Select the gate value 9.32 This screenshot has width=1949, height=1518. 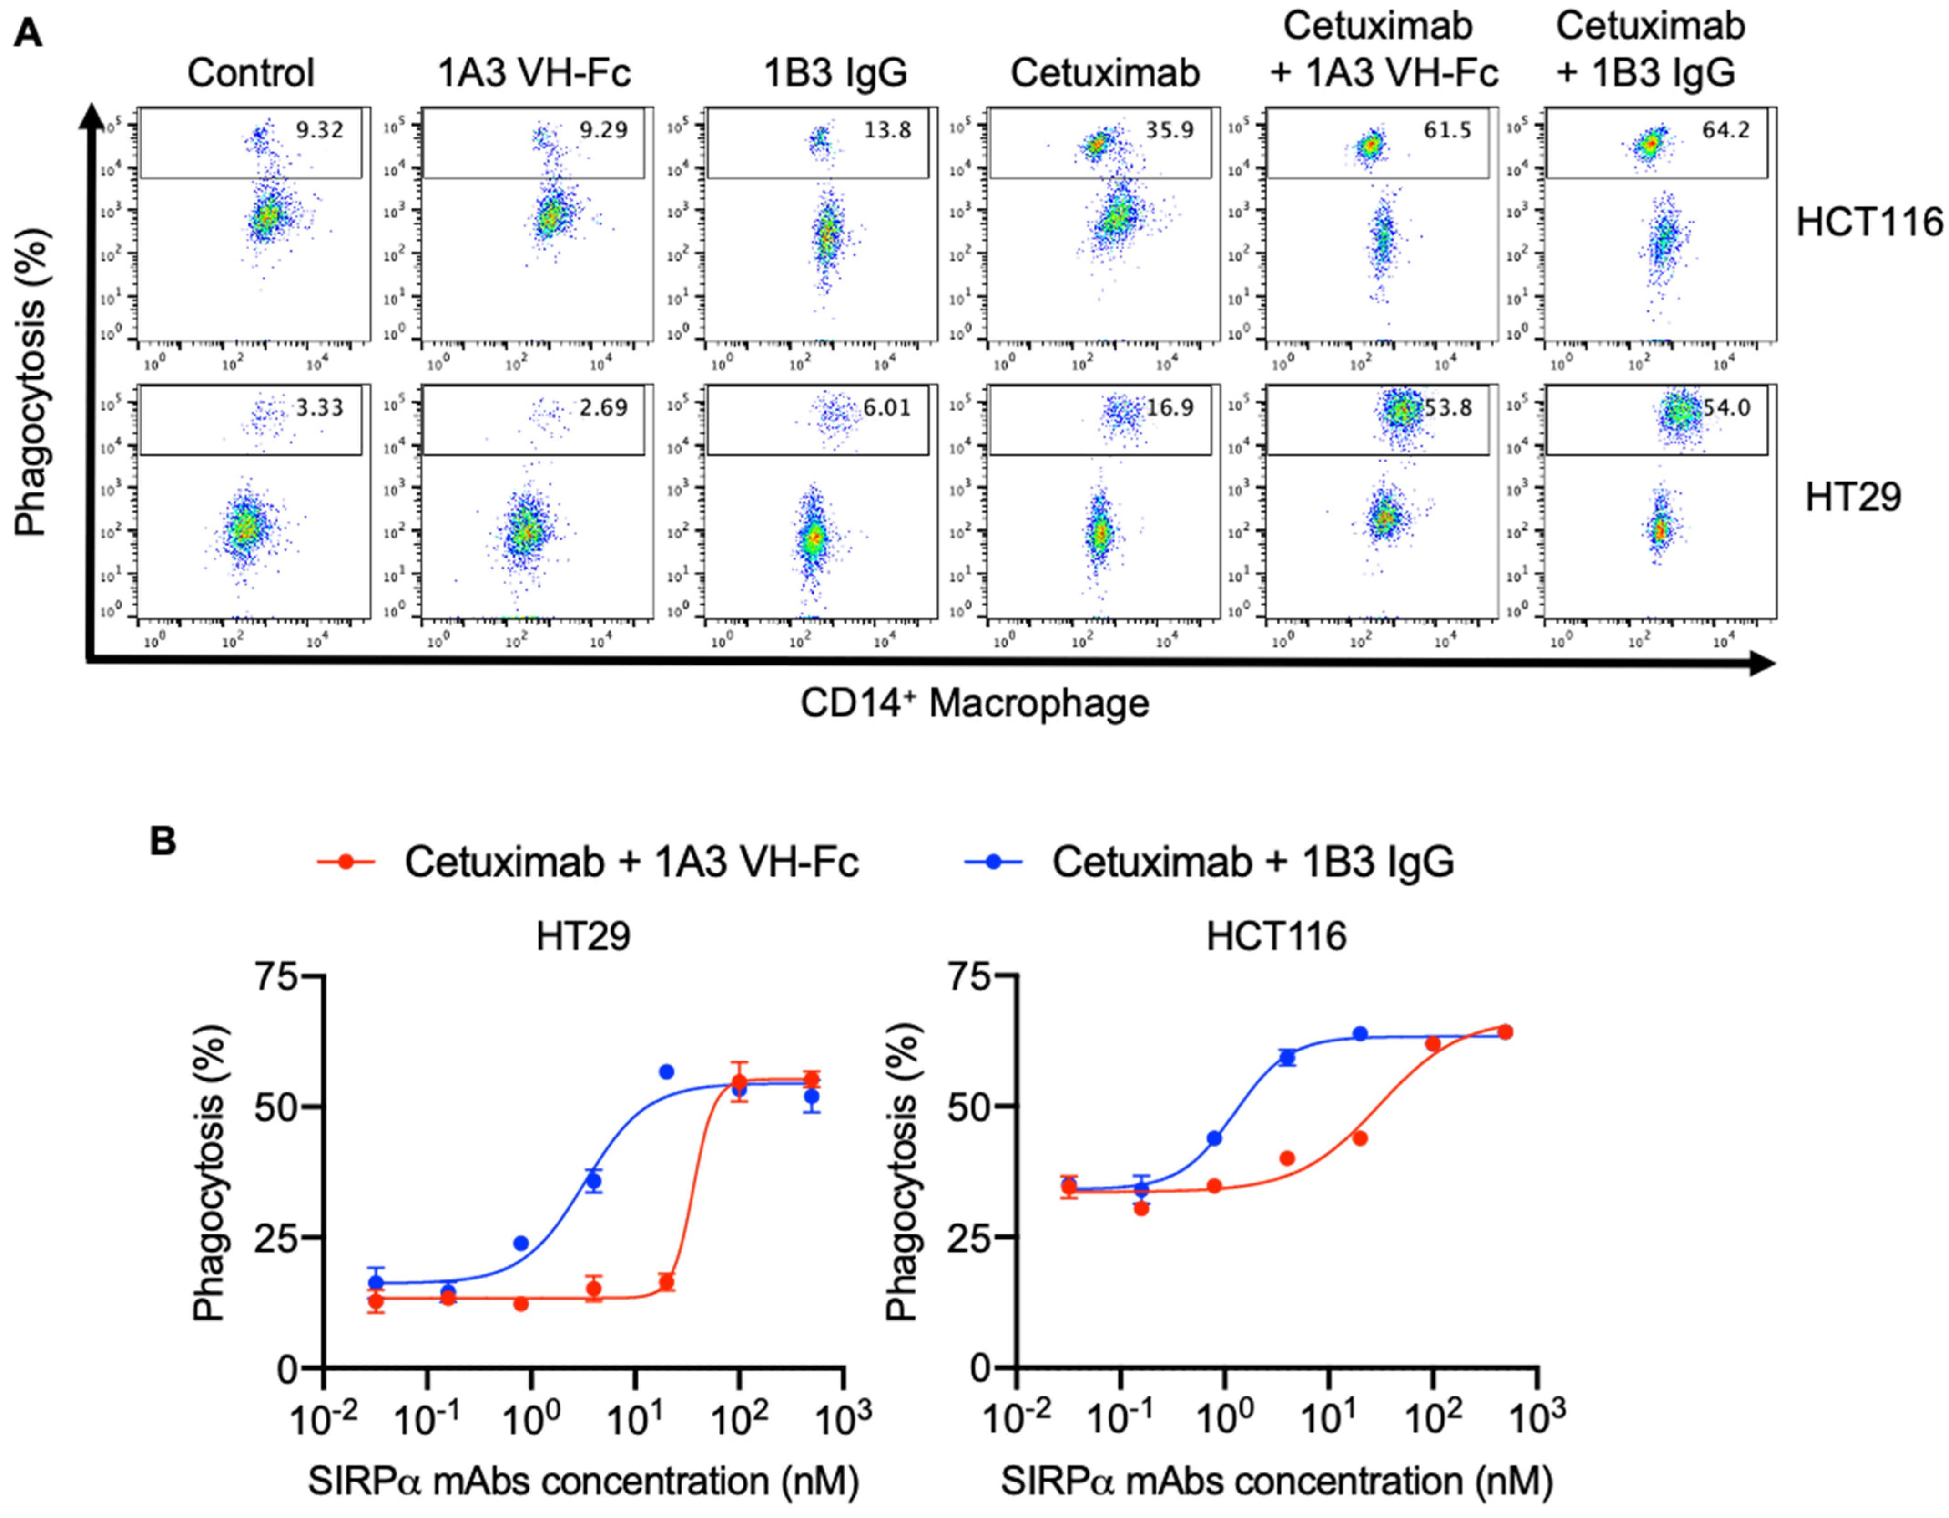tap(320, 130)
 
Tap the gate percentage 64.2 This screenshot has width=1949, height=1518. tap(1726, 130)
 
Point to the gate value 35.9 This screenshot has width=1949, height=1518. tap(1170, 130)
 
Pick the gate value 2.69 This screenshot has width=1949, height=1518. tap(603, 408)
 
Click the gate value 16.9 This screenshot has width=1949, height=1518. tap(1170, 408)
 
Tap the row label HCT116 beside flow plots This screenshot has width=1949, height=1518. tap(1869, 221)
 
